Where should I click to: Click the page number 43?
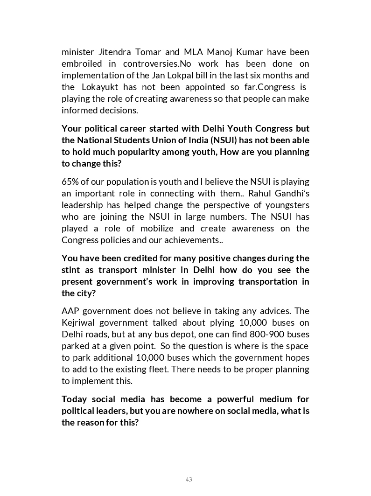coord(189,479)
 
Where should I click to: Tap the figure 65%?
coord(71,182)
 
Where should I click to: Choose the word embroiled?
coord(84,63)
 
